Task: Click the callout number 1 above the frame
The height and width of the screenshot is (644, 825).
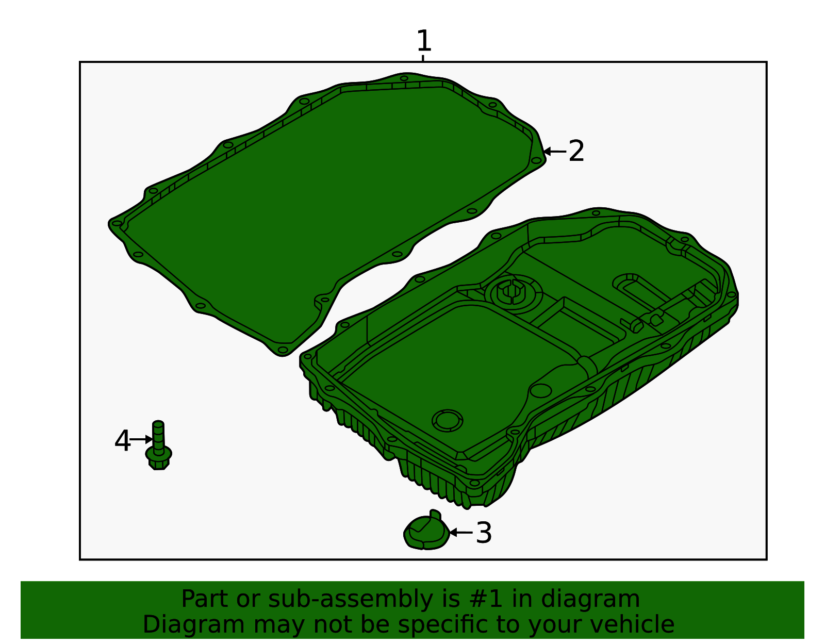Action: point(423,41)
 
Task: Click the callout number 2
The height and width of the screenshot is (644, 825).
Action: point(576,152)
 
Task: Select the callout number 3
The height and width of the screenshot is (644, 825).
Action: point(484,533)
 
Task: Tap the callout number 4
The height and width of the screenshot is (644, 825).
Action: point(123,442)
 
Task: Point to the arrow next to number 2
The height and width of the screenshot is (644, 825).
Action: point(555,152)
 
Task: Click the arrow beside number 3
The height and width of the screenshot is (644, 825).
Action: point(460,532)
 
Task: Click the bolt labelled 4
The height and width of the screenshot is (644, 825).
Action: point(158,445)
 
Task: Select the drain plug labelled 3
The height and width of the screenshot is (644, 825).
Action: point(425,532)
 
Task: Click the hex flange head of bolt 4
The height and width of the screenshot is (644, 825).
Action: point(159,457)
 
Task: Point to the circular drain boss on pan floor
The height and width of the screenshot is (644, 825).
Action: point(447,420)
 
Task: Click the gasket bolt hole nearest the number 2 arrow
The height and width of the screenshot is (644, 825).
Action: point(536,160)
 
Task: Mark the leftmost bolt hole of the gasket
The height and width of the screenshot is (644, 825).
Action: point(117,223)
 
